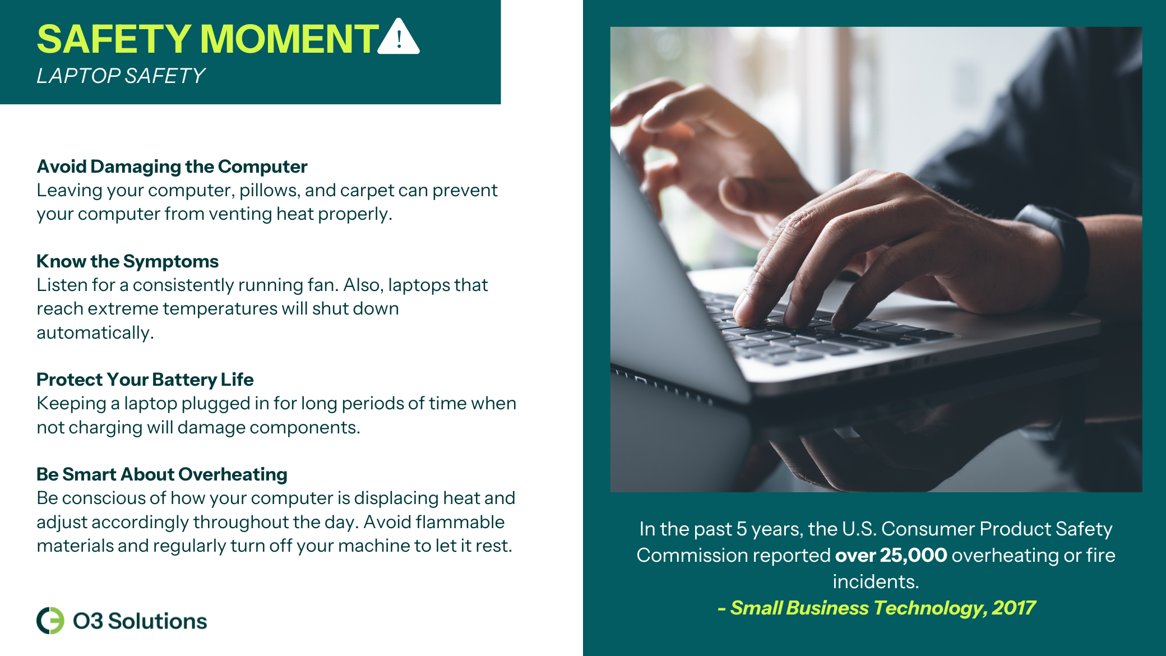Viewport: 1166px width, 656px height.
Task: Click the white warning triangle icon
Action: [x=399, y=36]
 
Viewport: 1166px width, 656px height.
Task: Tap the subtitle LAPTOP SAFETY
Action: [x=121, y=76]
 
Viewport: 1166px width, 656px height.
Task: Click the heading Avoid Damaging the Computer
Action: [x=172, y=167]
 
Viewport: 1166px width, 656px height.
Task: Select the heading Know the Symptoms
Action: [x=127, y=261]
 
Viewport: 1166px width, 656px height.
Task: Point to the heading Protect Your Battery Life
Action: [x=145, y=380]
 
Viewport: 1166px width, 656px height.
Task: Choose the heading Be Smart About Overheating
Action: [x=161, y=474]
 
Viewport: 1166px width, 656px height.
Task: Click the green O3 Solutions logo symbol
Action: [x=50, y=621]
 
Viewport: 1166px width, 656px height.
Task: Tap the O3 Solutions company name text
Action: [x=140, y=621]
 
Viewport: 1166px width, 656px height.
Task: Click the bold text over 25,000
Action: [x=891, y=555]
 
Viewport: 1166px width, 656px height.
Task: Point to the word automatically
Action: [x=95, y=333]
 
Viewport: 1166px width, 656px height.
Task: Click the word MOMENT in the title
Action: [x=289, y=39]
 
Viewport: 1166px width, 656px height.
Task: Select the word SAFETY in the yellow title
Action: [x=114, y=39]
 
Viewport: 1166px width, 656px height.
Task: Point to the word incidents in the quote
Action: [x=876, y=581]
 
